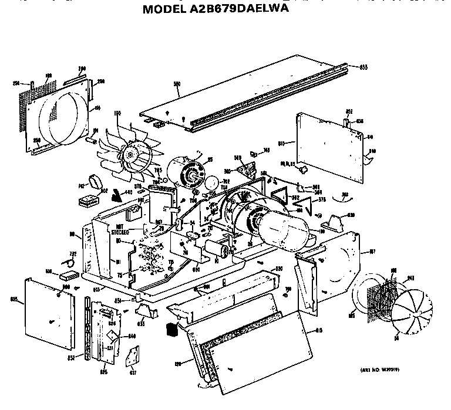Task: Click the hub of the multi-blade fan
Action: [x=127, y=155]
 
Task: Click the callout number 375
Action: [x=322, y=200]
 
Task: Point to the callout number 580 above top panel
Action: [x=177, y=84]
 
